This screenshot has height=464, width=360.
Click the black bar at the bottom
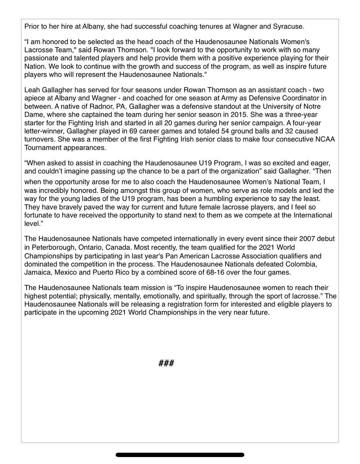click(x=180, y=455)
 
